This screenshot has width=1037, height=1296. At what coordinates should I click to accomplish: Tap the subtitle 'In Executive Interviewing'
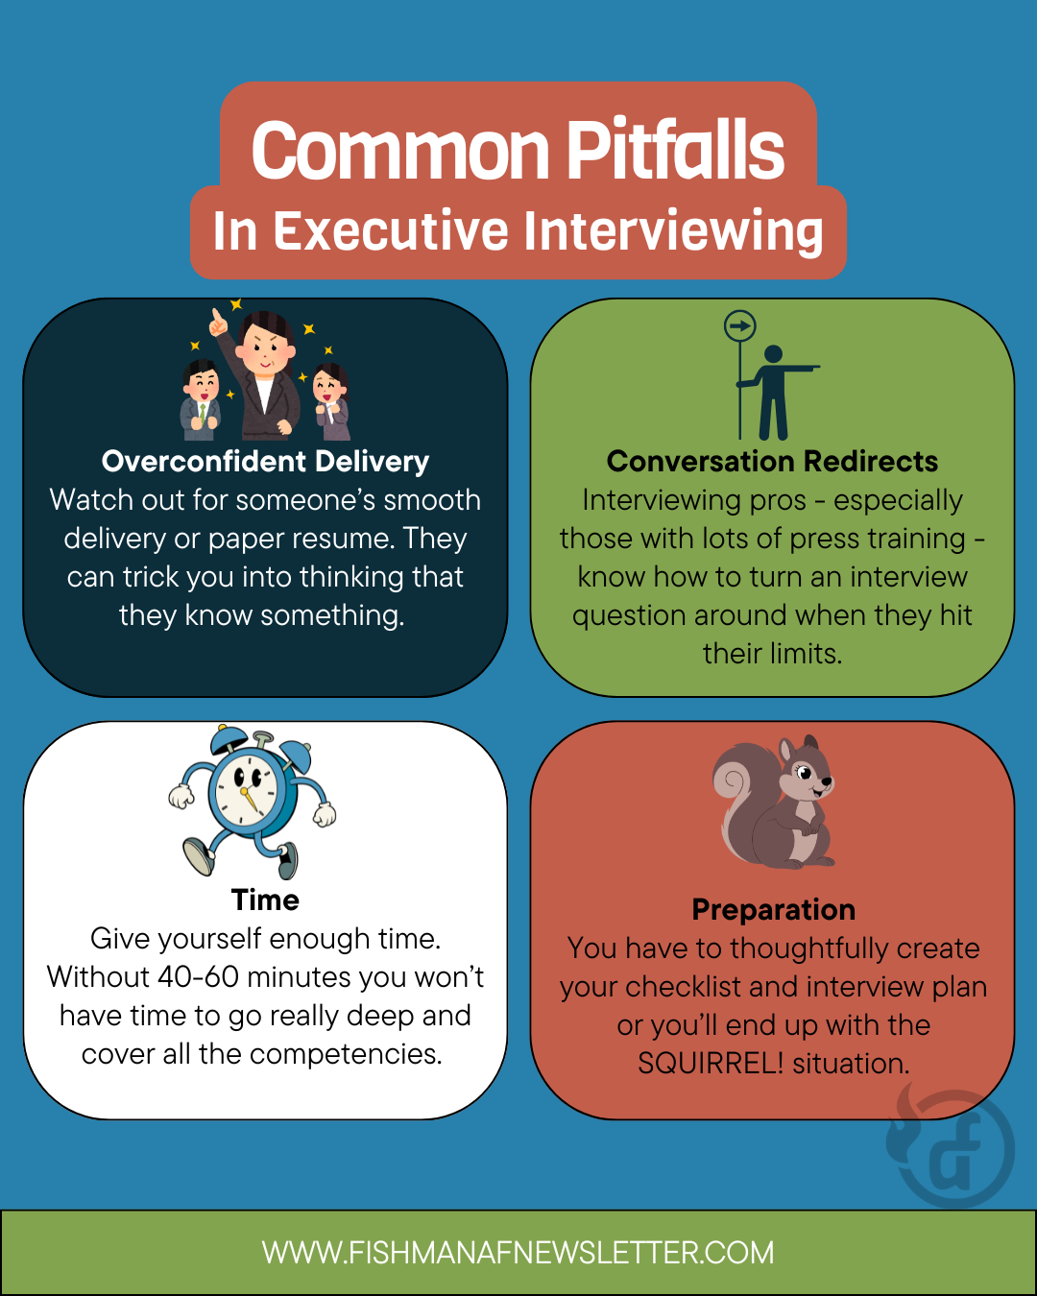point(518,231)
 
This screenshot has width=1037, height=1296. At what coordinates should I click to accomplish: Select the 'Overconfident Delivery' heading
point(265,462)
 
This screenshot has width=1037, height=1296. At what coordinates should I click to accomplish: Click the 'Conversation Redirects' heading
point(772,462)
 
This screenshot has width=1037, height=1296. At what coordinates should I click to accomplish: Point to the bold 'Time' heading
point(265,900)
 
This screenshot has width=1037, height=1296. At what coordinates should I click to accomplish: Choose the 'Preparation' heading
point(773,910)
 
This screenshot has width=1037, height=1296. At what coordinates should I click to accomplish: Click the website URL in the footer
point(518,1253)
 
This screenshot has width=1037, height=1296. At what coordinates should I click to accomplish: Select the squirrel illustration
point(774,802)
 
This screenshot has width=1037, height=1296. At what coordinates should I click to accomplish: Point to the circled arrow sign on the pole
point(740,326)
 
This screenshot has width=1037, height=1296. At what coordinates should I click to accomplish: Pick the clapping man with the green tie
point(202,398)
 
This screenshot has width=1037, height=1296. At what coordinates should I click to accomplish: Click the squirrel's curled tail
point(737,797)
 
